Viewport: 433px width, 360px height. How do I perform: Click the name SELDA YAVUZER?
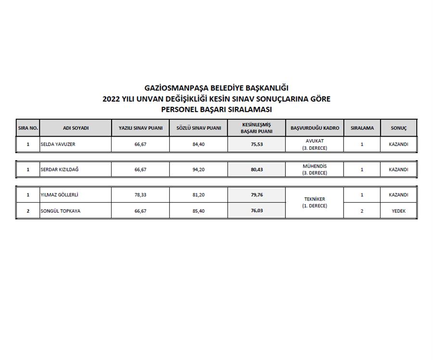(58, 144)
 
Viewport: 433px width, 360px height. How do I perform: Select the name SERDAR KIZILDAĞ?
(60, 169)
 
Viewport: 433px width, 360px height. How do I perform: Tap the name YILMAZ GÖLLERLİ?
(59, 195)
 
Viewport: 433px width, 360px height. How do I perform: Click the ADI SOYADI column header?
(76, 128)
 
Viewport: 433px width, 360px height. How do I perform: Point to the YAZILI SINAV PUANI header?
(140, 128)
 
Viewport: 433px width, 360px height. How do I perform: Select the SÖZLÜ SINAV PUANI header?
(198, 128)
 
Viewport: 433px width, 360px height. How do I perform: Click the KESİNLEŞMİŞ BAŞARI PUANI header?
(256, 128)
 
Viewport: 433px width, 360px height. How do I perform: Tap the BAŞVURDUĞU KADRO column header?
(315, 128)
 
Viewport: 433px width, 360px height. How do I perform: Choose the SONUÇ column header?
(398, 128)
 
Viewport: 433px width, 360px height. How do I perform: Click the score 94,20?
(198, 169)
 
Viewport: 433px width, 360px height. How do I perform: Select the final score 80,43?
(257, 169)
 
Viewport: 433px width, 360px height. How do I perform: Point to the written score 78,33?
(140, 195)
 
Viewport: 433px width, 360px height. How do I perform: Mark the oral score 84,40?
(198, 144)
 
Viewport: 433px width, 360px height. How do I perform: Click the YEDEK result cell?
(398, 211)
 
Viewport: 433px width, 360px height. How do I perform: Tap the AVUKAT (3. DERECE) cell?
(315, 144)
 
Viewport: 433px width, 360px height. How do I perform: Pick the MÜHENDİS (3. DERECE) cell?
(315, 169)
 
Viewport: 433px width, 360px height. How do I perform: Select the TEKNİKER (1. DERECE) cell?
(315, 203)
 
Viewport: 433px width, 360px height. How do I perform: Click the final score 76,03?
(257, 211)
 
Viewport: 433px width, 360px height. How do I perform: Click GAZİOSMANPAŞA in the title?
(176, 88)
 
